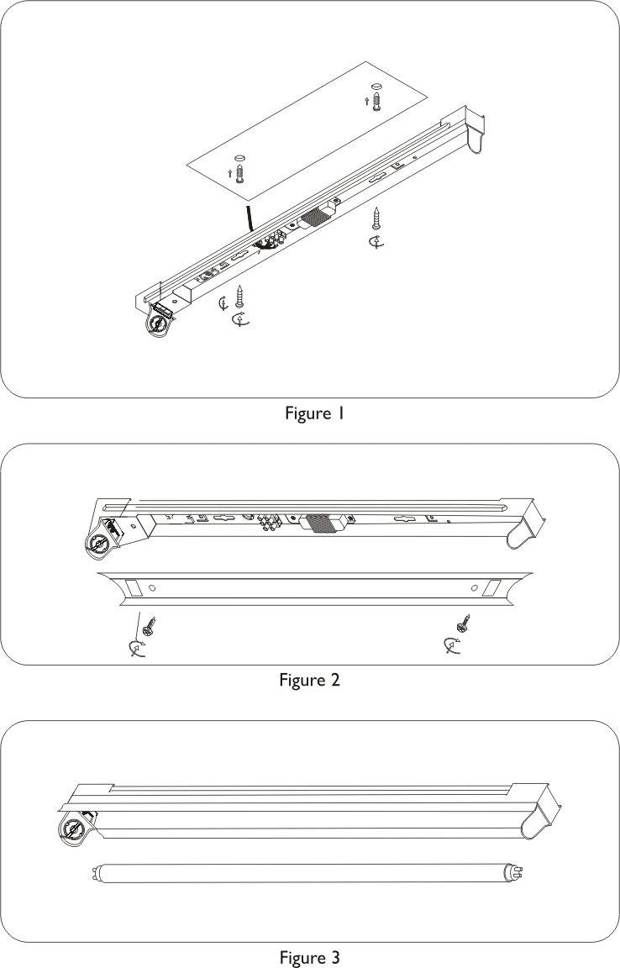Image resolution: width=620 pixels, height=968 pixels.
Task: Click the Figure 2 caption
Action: coord(309,680)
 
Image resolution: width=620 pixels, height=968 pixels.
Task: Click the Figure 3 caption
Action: coord(309,956)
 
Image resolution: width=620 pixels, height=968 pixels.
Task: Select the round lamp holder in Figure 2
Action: coord(100,544)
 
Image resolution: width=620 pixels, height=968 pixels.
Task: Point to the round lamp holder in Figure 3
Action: coord(72,832)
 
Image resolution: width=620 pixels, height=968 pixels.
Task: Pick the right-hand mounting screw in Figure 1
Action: coord(377,219)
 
